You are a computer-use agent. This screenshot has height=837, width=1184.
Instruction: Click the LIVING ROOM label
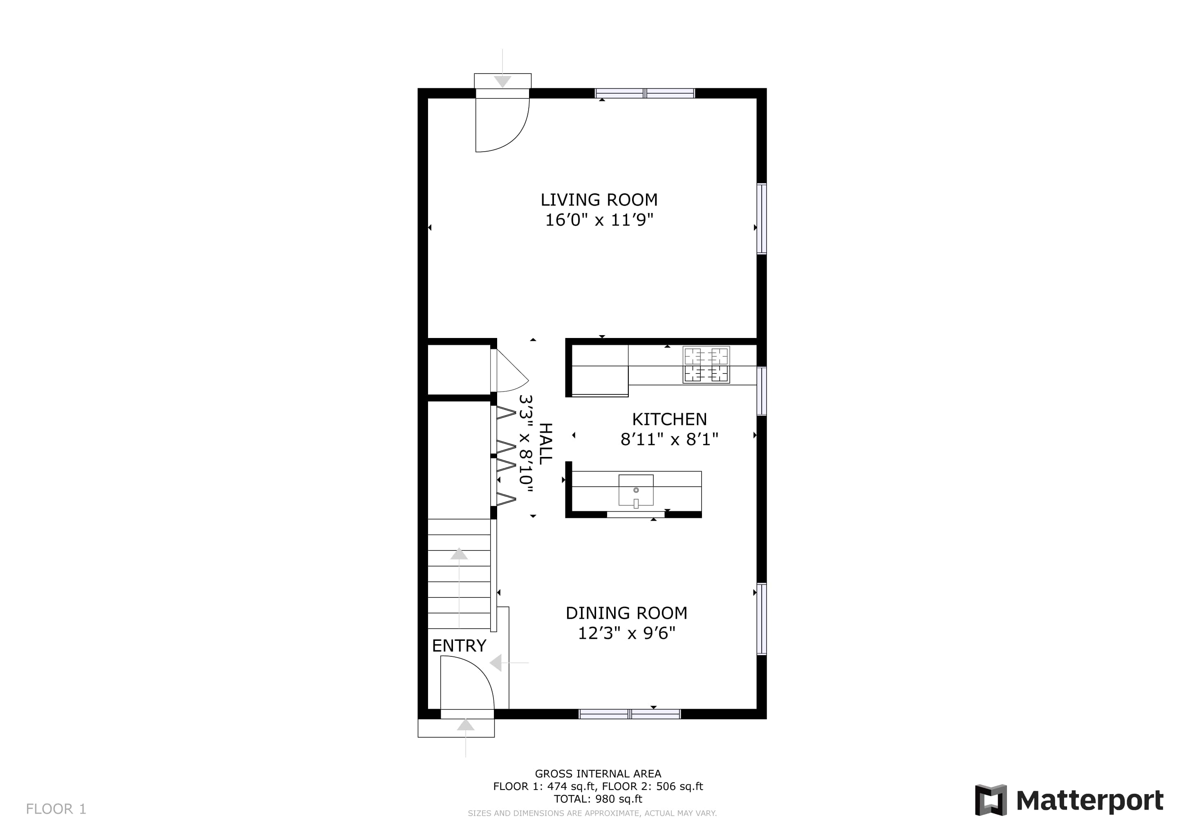pos(599,200)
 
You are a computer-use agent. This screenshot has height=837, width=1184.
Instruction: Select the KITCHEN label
pos(669,419)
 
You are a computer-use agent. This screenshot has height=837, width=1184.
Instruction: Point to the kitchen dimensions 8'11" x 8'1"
pos(669,439)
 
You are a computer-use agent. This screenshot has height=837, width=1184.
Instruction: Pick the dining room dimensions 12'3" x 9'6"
pos(627,633)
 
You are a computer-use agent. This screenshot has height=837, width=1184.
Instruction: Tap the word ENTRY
pos(459,646)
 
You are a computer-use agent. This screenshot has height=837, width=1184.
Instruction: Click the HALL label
pos(545,444)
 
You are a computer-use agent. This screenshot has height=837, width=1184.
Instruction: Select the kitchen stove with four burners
pos(706,365)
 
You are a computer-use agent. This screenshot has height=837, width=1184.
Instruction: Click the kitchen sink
pos(636,490)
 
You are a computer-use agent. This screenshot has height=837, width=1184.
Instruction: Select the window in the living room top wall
pos(645,93)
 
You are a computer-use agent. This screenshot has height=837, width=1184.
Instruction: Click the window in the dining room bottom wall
pos(630,714)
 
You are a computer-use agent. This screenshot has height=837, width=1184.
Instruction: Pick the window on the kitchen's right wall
pos(762,391)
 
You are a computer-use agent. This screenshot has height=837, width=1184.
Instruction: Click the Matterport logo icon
pos(991,800)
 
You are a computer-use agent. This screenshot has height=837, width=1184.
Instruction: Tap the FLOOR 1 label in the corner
pos(56,809)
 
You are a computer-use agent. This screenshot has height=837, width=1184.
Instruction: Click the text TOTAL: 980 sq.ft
pos(598,799)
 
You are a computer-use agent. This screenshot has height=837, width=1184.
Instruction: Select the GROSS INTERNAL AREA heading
pos(598,774)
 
